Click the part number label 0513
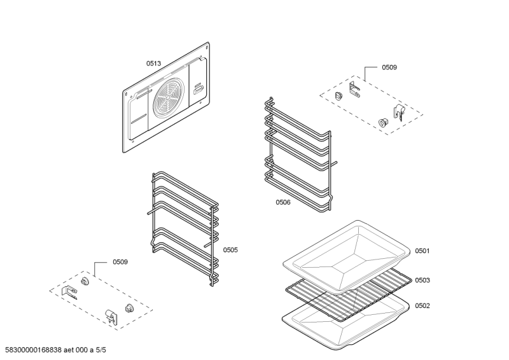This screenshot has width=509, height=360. point(153,63)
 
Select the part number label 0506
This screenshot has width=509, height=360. point(283,202)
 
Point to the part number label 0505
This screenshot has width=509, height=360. point(230,250)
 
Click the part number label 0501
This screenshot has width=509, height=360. point(422,251)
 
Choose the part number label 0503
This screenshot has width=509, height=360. point(422,280)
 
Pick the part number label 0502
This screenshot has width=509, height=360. point(422,305)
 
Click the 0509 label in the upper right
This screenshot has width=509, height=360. point(389,67)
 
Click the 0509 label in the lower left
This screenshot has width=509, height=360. point(120,261)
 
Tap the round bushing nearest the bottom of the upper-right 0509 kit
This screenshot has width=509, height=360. point(383,122)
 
